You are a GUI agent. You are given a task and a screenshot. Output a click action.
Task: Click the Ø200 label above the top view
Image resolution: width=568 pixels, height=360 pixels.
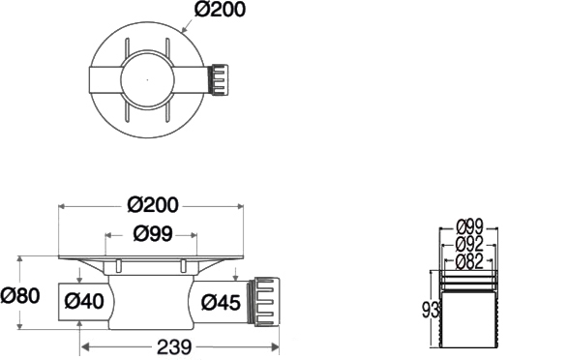point(220,9)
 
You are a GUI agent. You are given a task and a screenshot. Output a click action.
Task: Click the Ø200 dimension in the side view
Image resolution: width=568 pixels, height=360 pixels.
point(153,205)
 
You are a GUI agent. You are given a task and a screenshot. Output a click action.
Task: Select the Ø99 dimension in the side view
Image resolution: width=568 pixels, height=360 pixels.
point(153,233)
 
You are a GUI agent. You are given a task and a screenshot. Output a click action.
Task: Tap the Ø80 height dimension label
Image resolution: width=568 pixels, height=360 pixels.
point(20,295)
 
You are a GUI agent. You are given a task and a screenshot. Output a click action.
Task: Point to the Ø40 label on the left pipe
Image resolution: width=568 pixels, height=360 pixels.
point(84,301)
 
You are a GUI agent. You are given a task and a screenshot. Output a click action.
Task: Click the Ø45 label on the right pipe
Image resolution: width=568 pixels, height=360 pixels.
point(221,302)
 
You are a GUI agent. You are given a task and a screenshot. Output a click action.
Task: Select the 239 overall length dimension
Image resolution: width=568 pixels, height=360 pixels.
point(174,347)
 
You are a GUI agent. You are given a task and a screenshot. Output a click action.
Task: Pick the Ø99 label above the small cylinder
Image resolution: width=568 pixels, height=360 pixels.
point(470,227)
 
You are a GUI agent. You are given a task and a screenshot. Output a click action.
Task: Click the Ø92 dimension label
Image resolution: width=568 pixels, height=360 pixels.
point(470,245)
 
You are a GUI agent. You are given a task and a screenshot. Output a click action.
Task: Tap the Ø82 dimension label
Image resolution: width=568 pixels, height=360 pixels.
point(470,261)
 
